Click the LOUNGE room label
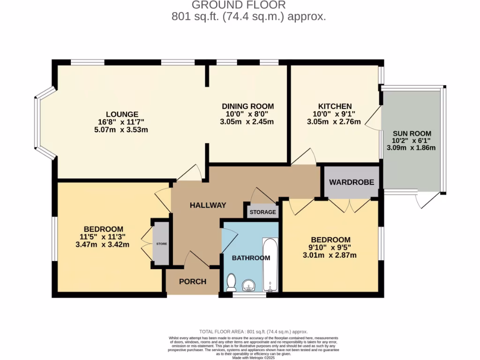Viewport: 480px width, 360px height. [122, 114]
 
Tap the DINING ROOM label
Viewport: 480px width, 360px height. [247, 106]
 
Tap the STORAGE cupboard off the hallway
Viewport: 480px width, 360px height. [262, 212]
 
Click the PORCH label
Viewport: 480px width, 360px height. [193, 281]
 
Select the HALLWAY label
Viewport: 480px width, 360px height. [208, 205]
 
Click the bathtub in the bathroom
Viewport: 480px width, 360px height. [270, 265]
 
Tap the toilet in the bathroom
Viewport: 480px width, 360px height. [231, 283]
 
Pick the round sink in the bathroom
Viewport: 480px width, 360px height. [248, 285]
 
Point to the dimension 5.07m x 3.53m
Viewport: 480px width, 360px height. [122, 129]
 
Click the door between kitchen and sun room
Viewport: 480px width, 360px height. [374, 117]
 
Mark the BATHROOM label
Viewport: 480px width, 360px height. [251, 258]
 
